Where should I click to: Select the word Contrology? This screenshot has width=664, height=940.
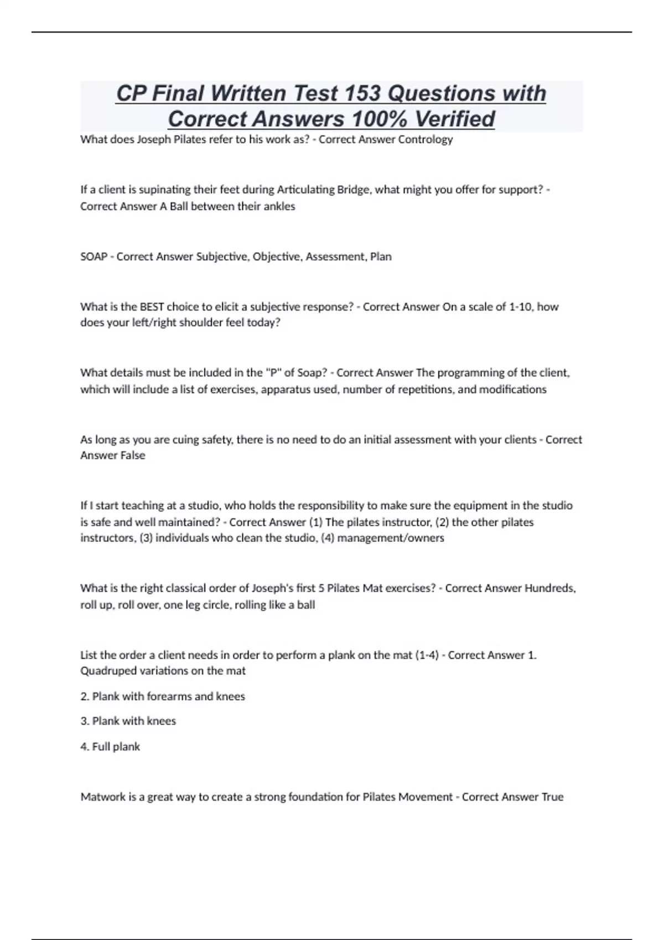[x=426, y=139]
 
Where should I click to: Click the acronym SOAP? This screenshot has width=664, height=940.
[x=94, y=257]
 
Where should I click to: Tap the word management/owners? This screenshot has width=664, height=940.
[x=391, y=538]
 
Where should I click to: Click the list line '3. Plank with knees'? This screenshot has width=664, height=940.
[x=128, y=721]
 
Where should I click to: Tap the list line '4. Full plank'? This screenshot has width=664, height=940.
[x=110, y=746]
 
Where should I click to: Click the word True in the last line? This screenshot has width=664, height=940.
[x=552, y=797]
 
